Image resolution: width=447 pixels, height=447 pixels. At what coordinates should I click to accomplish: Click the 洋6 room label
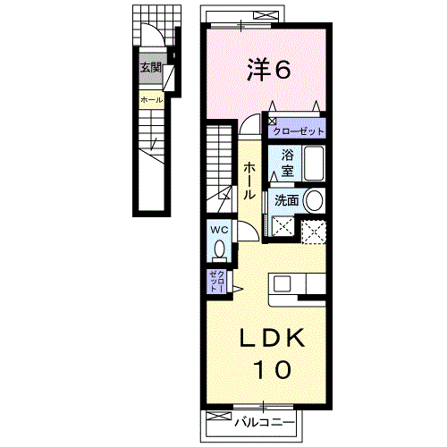268,70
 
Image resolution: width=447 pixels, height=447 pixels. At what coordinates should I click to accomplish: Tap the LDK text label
273,338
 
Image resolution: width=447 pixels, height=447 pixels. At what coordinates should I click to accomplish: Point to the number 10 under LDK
273,369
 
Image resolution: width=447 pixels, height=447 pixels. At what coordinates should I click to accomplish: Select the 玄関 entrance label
151,68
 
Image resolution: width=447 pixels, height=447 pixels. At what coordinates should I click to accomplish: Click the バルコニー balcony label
265,422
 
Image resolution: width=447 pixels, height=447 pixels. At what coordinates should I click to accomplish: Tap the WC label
219,230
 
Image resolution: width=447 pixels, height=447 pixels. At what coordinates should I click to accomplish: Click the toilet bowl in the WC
220,249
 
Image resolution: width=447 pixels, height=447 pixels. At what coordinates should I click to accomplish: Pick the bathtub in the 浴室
314,164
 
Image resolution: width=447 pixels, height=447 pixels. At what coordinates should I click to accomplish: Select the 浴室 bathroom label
288,163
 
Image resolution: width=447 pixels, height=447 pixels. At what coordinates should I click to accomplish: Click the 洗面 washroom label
287,200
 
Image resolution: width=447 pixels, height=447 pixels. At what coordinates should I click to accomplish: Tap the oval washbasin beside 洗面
314,200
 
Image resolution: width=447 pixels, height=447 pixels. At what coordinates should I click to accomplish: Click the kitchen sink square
282,283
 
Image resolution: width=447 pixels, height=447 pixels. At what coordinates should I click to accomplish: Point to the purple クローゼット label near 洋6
299,131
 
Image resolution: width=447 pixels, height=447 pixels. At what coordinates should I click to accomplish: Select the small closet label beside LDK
216,282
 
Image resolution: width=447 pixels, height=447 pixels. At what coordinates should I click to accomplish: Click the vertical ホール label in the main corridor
249,181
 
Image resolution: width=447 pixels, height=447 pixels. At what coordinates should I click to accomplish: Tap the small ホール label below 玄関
152,100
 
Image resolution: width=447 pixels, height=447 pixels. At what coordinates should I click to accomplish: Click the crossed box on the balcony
219,416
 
